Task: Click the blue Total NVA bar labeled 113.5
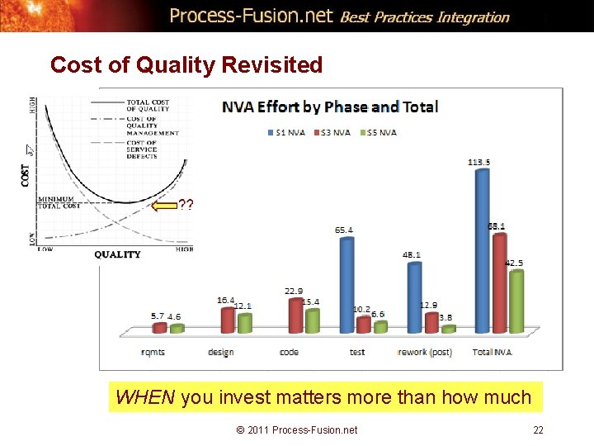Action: click(x=483, y=248)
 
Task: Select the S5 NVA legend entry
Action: click(x=380, y=132)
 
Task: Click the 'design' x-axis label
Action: click(x=221, y=352)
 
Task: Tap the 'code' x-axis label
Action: click(x=290, y=352)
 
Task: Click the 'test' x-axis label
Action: click(x=357, y=352)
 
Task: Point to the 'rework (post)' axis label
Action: click(x=425, y=352)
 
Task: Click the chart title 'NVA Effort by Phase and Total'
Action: click(x=329, y=107)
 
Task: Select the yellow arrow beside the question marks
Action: click(x=165, y=205)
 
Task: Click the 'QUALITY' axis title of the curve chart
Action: click(x=117, y=254)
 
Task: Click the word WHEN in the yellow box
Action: click(x=145, y=398)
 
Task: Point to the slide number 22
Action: click(x=538, y=429)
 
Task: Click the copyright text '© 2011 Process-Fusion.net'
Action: click(x=297, y=429)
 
